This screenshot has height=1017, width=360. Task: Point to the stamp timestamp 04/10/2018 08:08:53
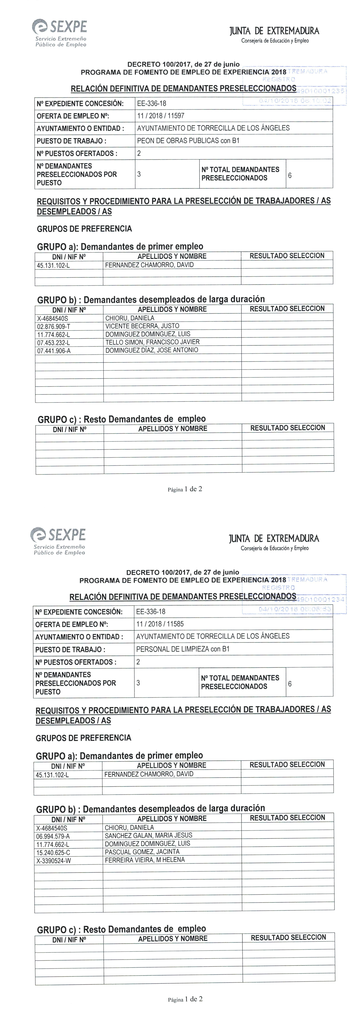pyautogui.click(x=295, y=609)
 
